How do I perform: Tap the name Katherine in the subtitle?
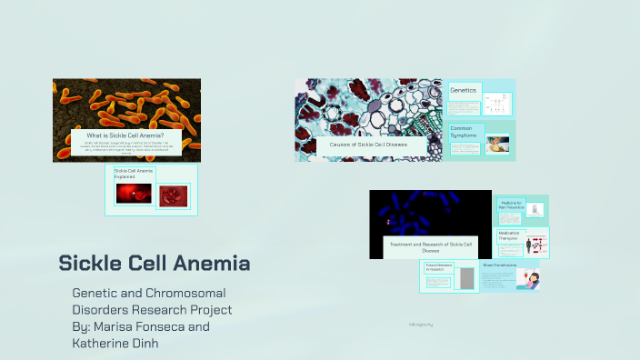104,344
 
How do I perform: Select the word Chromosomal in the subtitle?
190,293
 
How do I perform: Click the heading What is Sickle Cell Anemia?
125,135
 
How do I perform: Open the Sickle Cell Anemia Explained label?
133,173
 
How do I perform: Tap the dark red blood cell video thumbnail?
133,193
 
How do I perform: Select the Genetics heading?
463,90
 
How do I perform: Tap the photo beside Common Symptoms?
496,144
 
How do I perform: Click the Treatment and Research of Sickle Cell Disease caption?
431,246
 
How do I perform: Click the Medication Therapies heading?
510,235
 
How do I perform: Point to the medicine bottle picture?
536,210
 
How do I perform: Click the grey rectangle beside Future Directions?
467,278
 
